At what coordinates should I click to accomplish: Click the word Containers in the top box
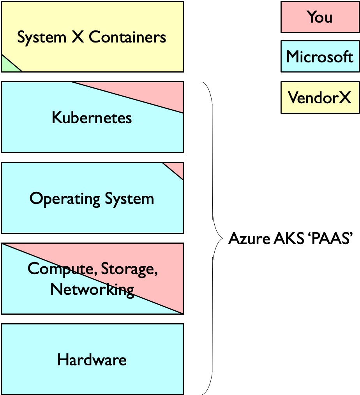point(127,37)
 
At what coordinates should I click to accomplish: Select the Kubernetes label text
point(92,118)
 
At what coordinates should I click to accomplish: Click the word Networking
point(92,289)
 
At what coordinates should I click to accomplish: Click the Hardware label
point(92,360)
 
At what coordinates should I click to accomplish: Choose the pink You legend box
point(319,17)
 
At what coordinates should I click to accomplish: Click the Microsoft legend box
point(319,57)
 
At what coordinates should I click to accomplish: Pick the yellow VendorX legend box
point(319,97)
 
